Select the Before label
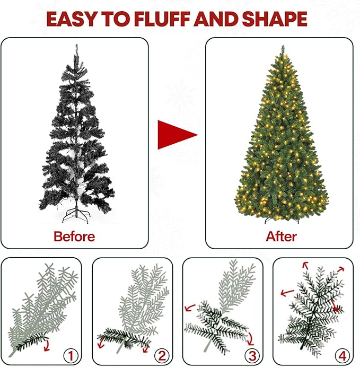74,236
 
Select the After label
281,236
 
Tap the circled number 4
341,354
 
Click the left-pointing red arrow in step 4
287,292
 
